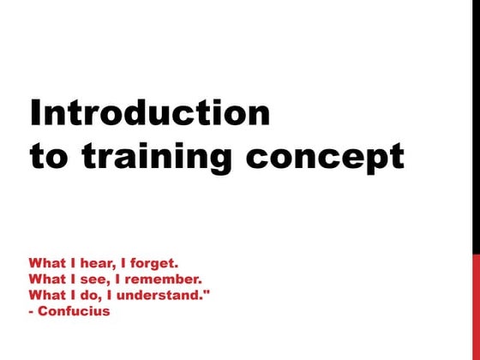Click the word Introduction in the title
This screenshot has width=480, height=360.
(x=149, y=114)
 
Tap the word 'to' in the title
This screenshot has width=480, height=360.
(x=47, y=157)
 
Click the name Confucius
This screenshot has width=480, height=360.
(x=74, y=310)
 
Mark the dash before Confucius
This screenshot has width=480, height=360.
(x=32, y=311)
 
